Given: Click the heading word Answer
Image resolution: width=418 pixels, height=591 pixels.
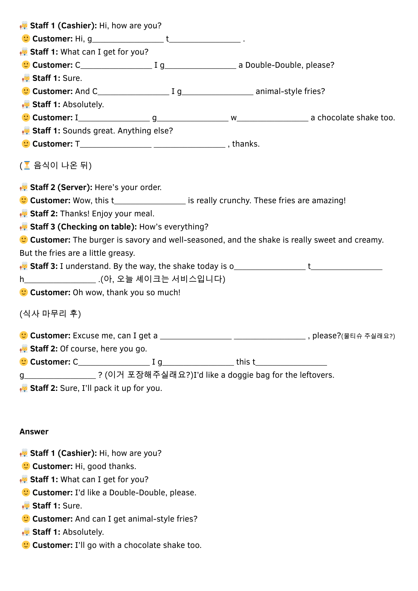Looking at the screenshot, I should [x=34, y=432].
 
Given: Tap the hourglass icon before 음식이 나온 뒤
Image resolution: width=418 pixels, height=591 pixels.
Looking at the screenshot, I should [x=27, y=165].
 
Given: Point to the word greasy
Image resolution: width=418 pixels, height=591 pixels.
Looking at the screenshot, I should [x=123, y=253].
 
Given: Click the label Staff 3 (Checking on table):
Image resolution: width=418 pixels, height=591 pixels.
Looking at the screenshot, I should [x=83, y=227].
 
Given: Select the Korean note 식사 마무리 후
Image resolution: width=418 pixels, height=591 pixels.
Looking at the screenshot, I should [x=50, y=314].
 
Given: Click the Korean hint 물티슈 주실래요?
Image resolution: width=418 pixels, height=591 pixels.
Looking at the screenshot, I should [x=368, y=336].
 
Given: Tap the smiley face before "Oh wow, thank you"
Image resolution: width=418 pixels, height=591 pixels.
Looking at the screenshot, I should [x=24, y=292].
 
